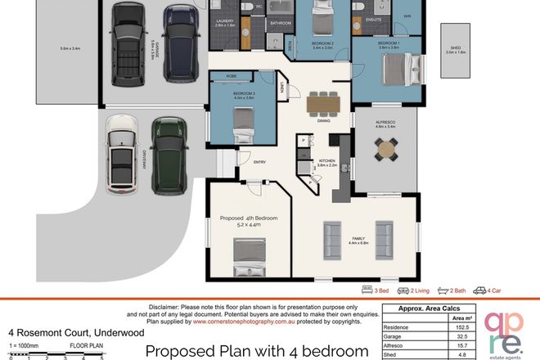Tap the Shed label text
(x=456, y=48)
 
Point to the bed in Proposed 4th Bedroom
(x=251, y=255)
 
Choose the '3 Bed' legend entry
(x=375, y=290)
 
